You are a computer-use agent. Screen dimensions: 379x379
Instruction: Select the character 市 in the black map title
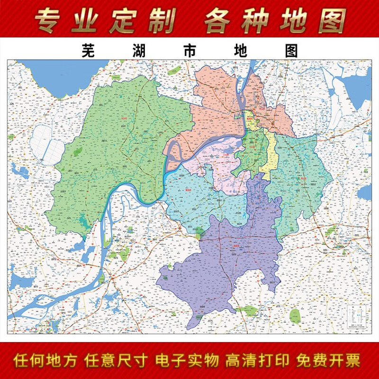point(189,51)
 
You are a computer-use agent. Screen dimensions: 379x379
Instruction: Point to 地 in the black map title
point(241,51)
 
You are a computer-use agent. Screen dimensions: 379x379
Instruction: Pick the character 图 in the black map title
point(291,51)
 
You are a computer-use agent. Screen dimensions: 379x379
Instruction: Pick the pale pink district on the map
point(216,166)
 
